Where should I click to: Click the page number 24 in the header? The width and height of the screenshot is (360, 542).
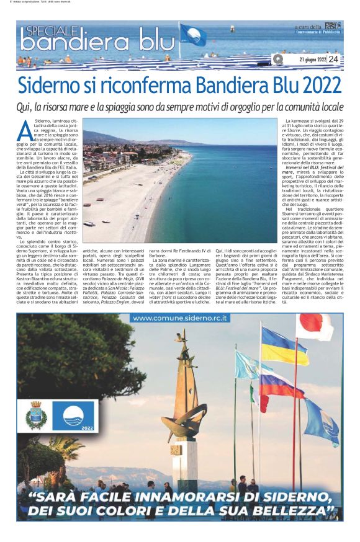click(333, 60)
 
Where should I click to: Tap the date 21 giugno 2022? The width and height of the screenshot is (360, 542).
click(312, 60)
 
